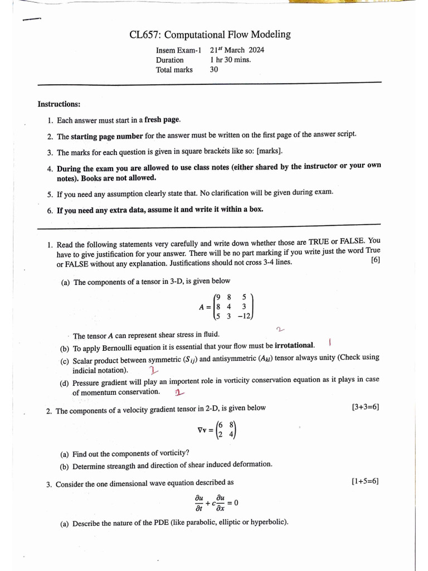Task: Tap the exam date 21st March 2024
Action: pyautogui.click(x=237, y=50)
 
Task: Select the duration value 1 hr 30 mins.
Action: pyautogui.click(x=230, y=60)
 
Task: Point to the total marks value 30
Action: pyautogui.click(x=214, y=70)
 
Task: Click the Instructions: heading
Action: pyautogui.click(x=59, y=104)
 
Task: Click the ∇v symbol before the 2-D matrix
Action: pyautogui.click(x=203, y=430)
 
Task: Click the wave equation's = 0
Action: pyautogui.click(x=233, y=504)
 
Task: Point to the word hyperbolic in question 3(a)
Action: pyautogui.click(x=268, y=523)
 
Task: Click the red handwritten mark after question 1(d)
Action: pyautogui.click(x=179, y=393)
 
